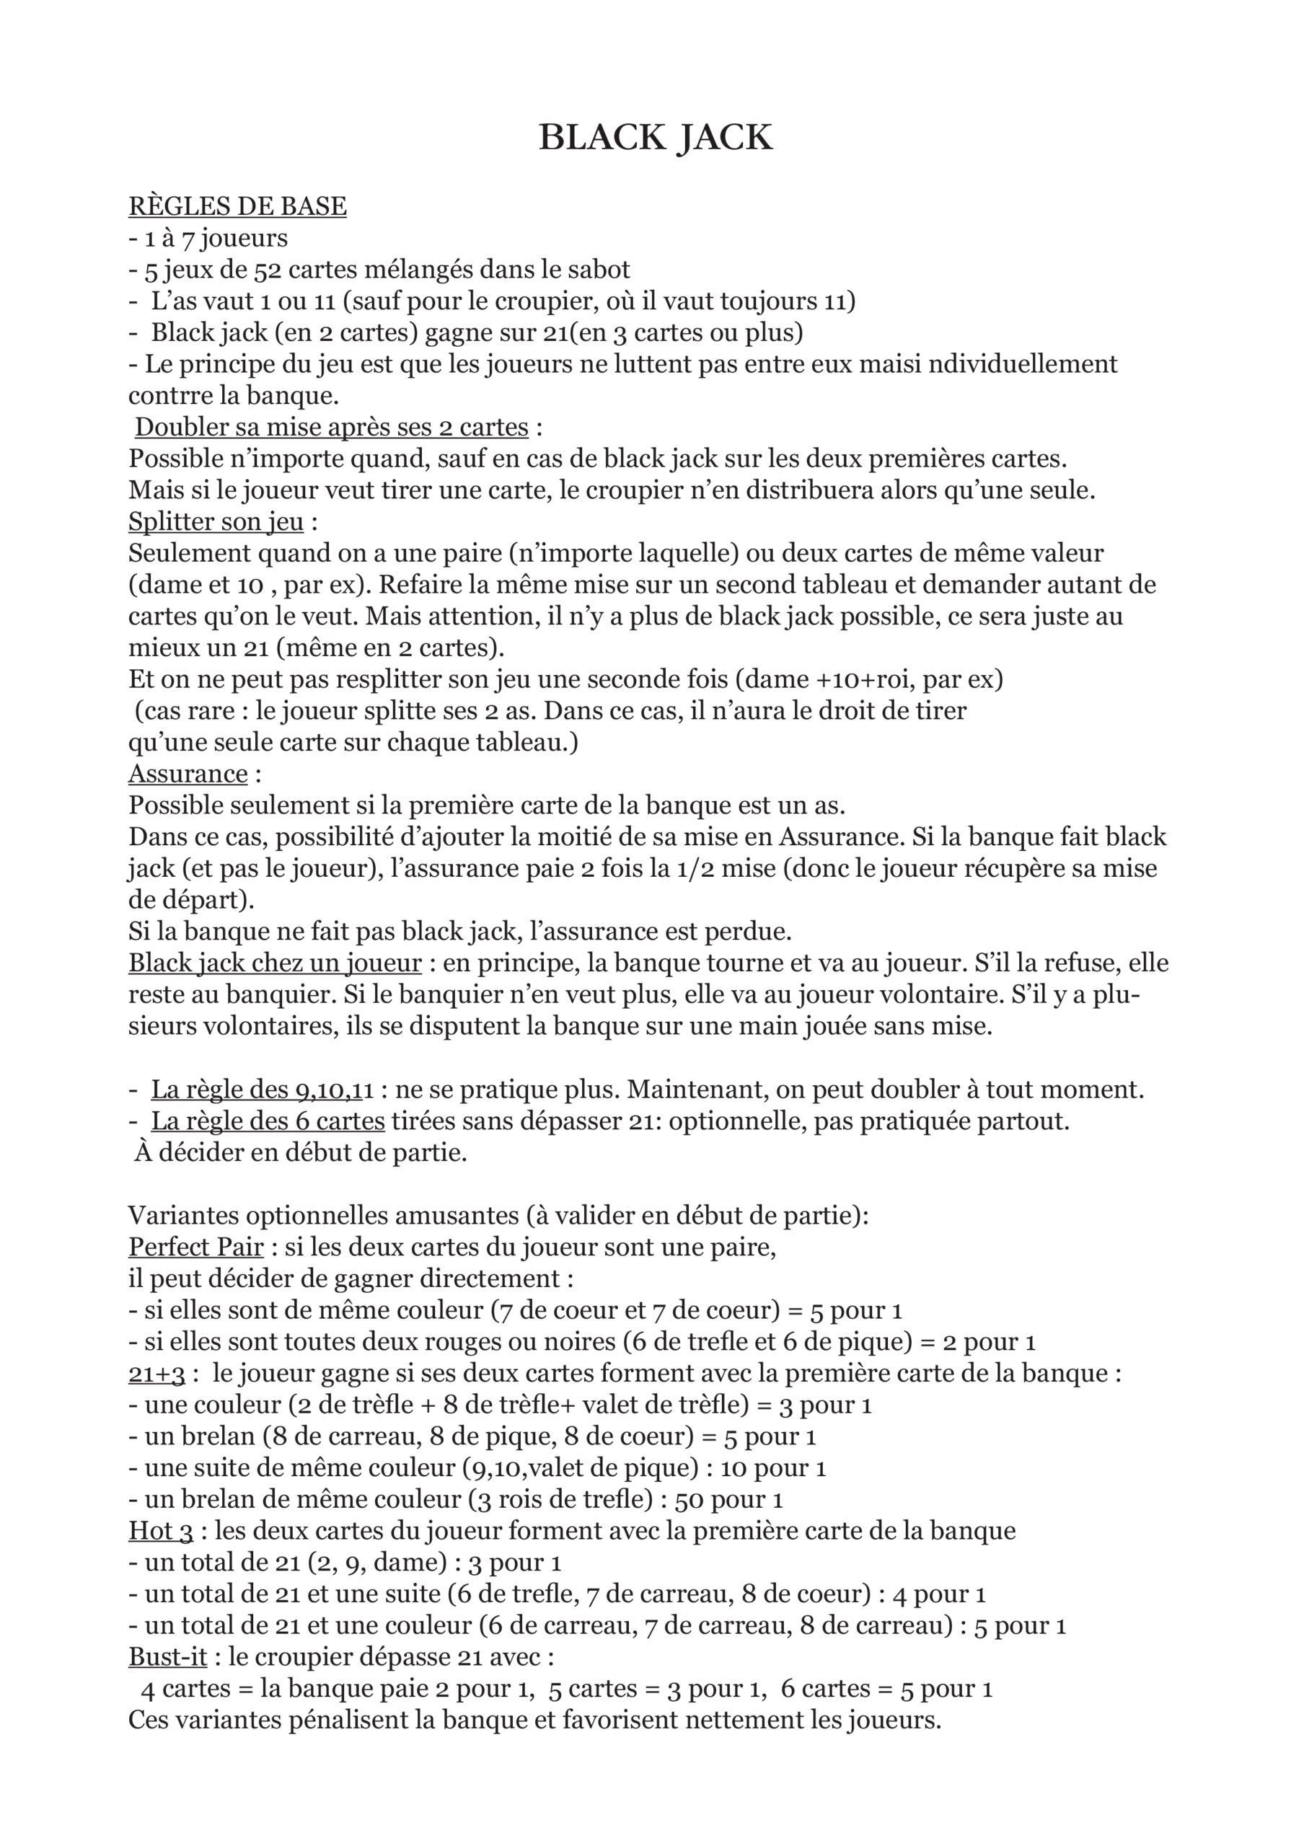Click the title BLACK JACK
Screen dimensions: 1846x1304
[654, 138]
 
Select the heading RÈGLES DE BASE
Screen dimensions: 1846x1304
[237, 207]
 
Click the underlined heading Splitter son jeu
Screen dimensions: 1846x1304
[216, 522]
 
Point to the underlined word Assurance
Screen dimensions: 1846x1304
[188, 774]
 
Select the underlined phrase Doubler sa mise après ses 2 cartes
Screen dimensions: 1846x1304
[331, 427]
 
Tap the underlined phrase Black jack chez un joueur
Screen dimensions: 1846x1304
[275, 963]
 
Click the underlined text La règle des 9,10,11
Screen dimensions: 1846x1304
[263, 1090]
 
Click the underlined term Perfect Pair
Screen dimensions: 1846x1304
[196, 1247]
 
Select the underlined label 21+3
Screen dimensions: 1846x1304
[157, 1373]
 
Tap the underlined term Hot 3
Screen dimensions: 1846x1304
[161, 1531]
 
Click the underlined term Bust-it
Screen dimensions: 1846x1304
[168, 1657]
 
